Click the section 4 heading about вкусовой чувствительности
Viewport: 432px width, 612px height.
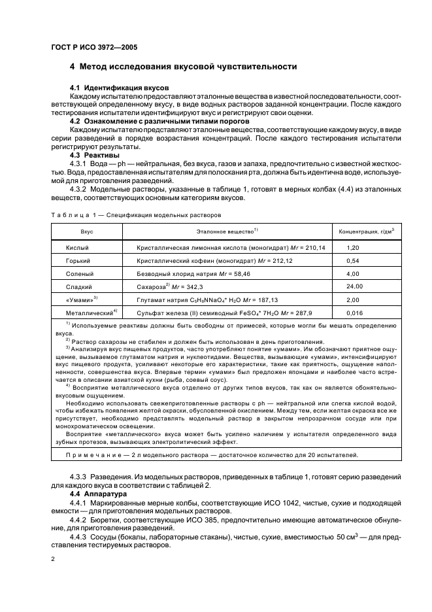click(x=184, y=67)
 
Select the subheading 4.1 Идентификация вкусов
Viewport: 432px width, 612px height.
click(x=119, y=88)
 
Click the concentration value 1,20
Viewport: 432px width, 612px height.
click(x=353, y=248)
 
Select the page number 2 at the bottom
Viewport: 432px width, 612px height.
click(x=53, y=560)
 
